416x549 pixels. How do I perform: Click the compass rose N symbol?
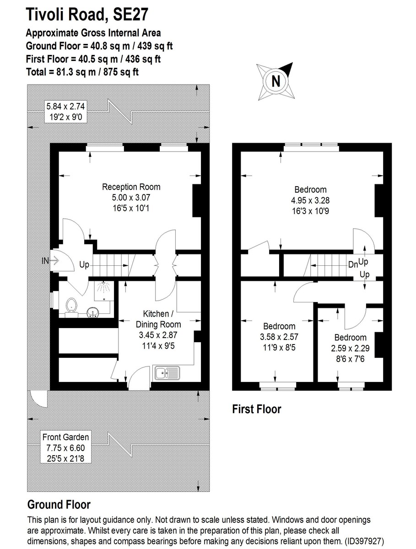point(276,81)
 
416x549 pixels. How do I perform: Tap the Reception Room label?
point(131,187)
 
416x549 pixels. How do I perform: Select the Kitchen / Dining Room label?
point(158,319)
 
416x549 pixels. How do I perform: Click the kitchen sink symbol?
point(167,373)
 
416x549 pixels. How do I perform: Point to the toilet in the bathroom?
point(70,307)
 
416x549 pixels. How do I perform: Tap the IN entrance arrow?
point(50,261)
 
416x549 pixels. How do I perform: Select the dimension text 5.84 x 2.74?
point(65,107)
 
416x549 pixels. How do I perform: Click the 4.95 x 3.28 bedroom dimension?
point(310,199)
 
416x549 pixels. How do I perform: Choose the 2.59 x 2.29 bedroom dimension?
point(350,348)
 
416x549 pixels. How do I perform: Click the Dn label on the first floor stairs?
point(352,264)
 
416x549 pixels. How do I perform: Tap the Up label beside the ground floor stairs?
point(84,264)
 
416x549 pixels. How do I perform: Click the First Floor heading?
point(256,409)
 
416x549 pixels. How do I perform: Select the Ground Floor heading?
point(59,505)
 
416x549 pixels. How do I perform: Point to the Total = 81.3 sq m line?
point(83,72)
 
